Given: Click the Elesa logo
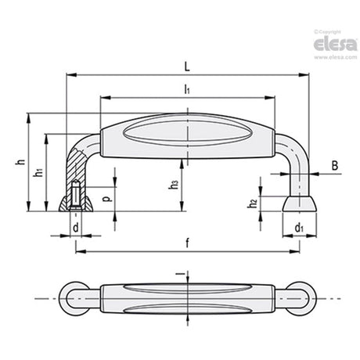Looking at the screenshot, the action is pyautogui.click(x=335, y=44).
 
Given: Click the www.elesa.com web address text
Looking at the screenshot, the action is pyautogui.click(x=335, y=57).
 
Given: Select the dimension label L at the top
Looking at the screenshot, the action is pyautogui.click(x=187, y=67).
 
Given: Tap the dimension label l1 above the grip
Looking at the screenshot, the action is pyautogui.click(x=187, y=89).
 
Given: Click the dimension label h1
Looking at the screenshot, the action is pyautogui.click(x=38, y=172).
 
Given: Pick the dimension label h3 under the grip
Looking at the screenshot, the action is pyautogui.click(x=173, y=184).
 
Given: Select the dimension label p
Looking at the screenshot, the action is pyautogui.click(x=106, y=199).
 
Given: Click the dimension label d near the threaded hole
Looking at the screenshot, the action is pyautogui.click(x=76, y=228).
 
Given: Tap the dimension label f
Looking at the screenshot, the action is pyautogui.click(x=187, y=243).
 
